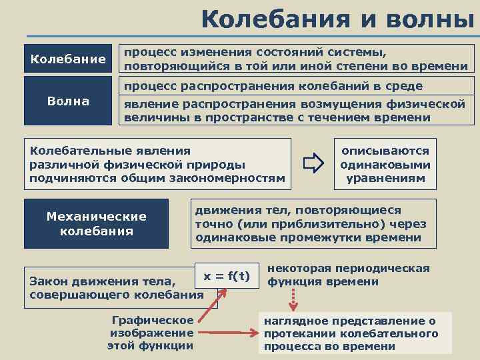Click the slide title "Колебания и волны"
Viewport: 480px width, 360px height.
[x=341, y=19]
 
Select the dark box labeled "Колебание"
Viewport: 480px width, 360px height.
[x=68, y=59]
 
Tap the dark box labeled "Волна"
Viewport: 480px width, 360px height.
[x=68, y=101]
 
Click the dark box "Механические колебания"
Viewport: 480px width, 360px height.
[x=96, y=224]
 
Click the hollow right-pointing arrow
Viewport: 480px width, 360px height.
[x=311, y=163]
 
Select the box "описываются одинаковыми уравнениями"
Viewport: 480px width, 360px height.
[x=385, y=165]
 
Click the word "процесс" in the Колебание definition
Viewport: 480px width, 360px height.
[x=148, y=52]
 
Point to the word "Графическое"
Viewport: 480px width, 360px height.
[x=153, y=320]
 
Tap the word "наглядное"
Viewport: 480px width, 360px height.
[x=294, y=321]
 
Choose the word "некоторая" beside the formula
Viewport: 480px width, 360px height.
[x=297, y=269]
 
